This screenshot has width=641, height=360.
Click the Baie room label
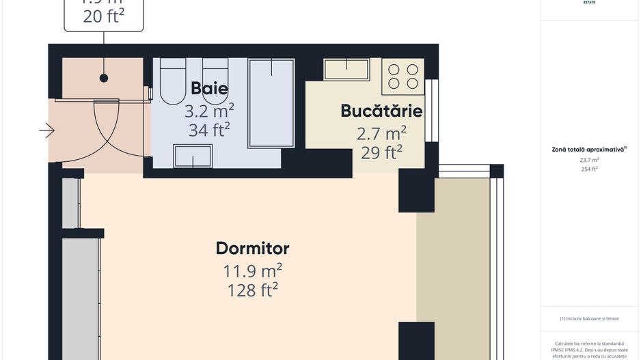(209, 88)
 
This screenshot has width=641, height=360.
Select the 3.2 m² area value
(209, 110)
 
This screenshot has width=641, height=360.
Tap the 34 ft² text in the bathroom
(209, 129)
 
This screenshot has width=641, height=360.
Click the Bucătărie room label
(381, 111)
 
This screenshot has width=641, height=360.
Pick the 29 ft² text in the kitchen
(381, 152)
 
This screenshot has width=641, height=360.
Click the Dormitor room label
(252, 248)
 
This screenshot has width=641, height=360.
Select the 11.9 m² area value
(252, 271)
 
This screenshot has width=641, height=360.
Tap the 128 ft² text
(252, 290)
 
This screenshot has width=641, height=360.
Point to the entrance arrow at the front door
(46, 130)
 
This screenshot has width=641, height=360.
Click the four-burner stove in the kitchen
(403, 76)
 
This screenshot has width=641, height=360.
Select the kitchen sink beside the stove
(346, 68)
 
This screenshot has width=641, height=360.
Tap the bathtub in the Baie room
(271, 103)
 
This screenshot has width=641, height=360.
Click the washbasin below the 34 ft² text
(193, 156)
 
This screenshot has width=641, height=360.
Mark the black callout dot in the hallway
(104, 79)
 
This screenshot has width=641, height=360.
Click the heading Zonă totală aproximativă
(589, 149)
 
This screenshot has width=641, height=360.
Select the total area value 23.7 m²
(589, 160)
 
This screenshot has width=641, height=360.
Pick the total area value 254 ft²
(589, 169)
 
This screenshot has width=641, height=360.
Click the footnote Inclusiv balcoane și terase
(589, 318)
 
